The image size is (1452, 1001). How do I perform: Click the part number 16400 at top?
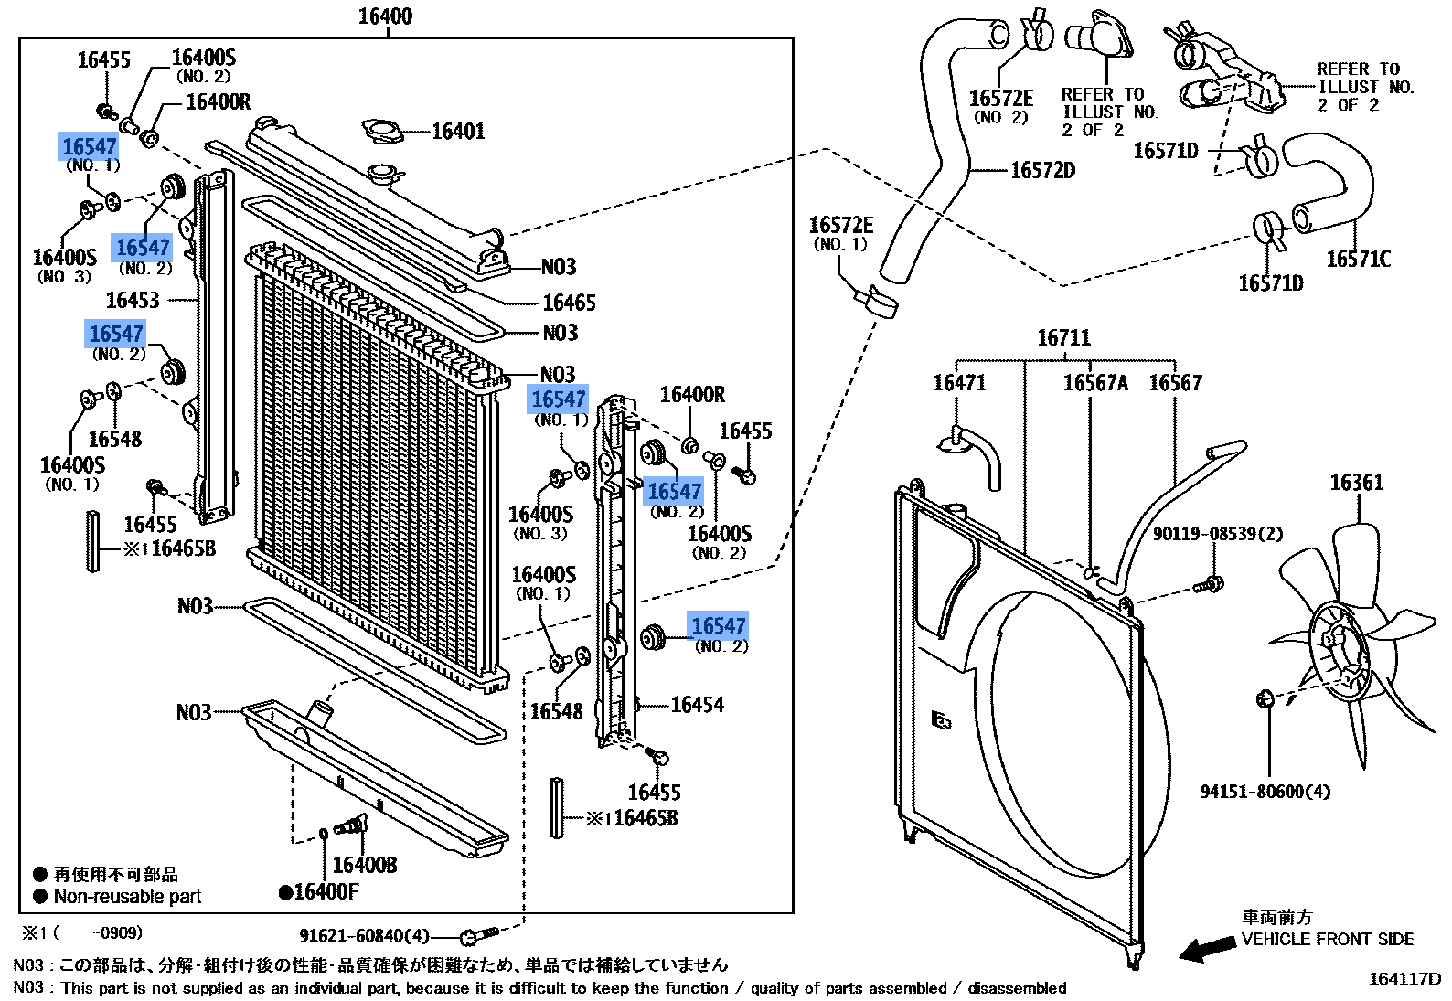pos(385,16)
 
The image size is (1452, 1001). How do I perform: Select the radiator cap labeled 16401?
pos(382,131)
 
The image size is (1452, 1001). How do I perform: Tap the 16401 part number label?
pos(458,132)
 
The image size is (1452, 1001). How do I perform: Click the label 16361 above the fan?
pos(1356,483)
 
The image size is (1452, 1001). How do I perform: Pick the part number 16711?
pos(1063,338)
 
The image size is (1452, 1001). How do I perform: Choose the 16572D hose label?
pos(1042,171)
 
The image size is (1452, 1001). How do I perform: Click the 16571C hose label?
pos(1358,260)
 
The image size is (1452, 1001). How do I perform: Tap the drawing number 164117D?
pos(1404,979)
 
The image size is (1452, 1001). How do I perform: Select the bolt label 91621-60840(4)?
pos(364,936)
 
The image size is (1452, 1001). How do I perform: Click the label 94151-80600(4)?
pos(1265,792)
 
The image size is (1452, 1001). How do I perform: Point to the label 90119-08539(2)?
pos(1217,534)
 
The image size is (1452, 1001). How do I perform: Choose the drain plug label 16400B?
pos(365,865)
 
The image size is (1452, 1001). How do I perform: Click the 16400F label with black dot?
pos(320,892)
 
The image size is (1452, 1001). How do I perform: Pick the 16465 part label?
pos(569,303)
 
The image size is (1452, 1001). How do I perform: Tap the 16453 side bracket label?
pos(133,301)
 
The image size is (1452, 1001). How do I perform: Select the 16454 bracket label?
pos(697,705)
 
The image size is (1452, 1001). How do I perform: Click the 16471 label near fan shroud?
pos(959,383)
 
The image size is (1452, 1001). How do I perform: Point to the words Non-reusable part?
pos(127,897)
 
